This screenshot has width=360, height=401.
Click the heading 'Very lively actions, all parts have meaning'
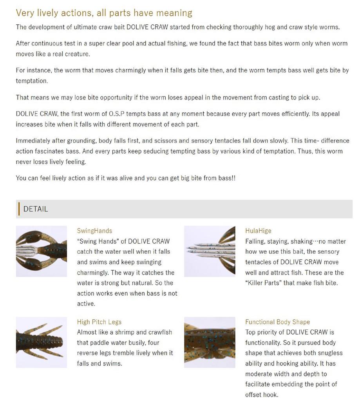point(104,13)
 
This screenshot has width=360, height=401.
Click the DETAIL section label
point(36,209)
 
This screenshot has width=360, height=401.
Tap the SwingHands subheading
point(94,231)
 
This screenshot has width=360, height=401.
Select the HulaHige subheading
point(258,231)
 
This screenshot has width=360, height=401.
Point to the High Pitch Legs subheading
point(99,322)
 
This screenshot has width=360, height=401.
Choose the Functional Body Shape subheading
point(277,322)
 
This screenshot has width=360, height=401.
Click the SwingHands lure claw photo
point(42,251)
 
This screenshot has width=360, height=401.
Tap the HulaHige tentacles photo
point(210,251)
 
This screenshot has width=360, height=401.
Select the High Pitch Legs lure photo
point(42,343)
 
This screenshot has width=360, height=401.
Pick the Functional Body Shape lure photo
point(210,343)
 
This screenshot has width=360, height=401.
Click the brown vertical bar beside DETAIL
point(19,209)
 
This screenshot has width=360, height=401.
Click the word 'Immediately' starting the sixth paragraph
point(33,141)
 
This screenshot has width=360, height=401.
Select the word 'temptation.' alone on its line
point(32,81)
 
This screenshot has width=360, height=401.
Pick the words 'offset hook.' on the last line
point(262,394)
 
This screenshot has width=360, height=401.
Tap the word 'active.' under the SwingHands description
point(86,303)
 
